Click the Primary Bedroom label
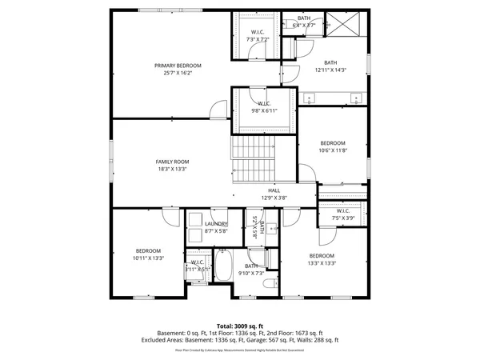pos(178,65)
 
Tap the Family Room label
pos(172,162)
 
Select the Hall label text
pos(274,190)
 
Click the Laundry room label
pos(216,224)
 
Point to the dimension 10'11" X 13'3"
pos(148,258)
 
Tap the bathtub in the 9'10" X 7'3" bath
pos(223,265)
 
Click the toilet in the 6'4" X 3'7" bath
pos(289,46)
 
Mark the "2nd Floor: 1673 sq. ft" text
pos(294,333)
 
